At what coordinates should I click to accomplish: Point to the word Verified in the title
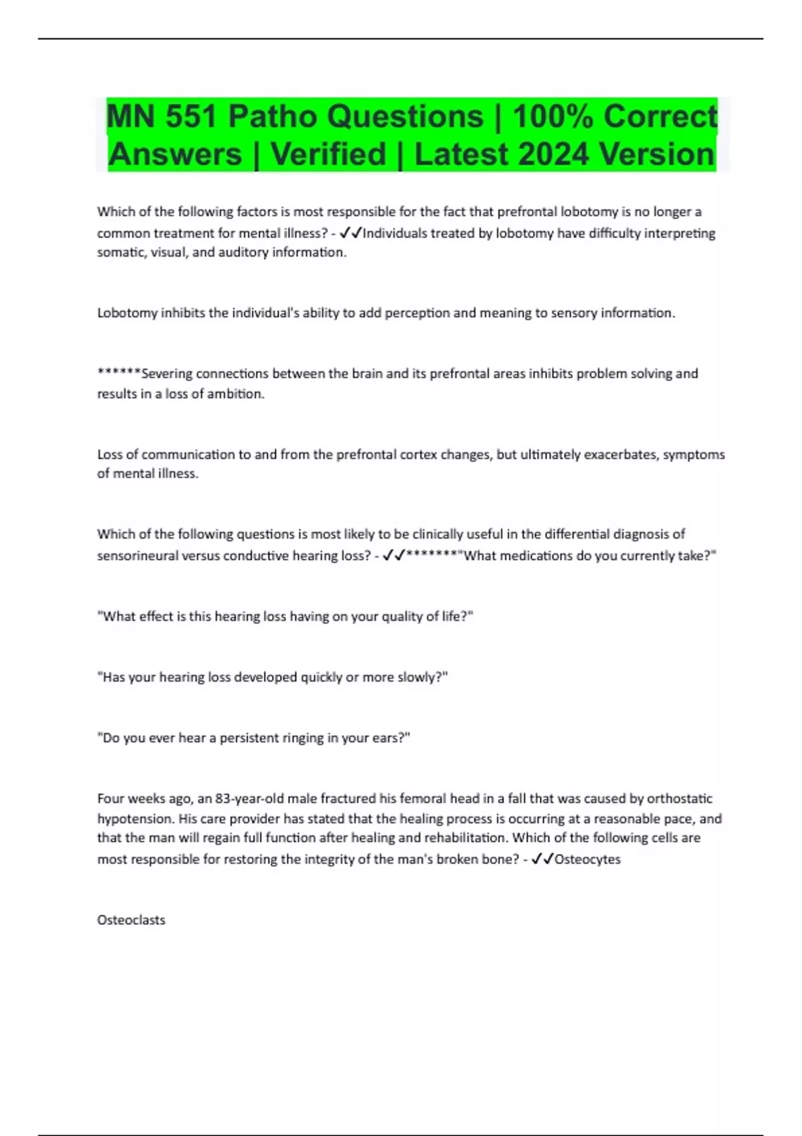point(328,154)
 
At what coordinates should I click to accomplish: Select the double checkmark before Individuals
point(351,233)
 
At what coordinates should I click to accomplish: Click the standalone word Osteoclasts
point(131,920)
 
